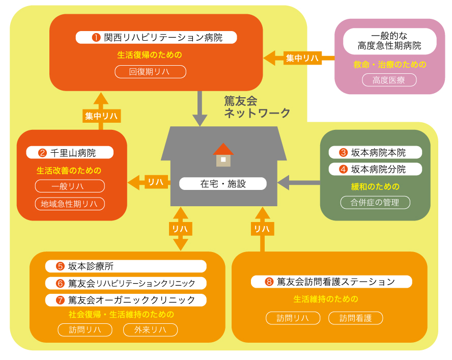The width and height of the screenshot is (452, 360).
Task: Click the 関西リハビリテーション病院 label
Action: pos(156,37)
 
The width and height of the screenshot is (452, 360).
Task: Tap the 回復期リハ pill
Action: pos(150,72)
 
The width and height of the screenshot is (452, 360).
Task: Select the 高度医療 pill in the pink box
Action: pos(389,80)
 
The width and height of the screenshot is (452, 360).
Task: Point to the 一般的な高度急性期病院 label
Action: pos(389,41)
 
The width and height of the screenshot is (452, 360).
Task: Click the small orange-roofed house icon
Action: pos(223,155)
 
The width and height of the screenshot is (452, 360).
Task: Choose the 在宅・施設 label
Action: pos(223,184)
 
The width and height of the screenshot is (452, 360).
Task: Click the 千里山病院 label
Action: pos(70,153)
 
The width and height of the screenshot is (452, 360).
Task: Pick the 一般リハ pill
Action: pos(70,186)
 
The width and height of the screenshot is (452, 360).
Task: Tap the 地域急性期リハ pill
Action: pos(70,204)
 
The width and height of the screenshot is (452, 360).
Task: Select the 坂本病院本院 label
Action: pos(375,152)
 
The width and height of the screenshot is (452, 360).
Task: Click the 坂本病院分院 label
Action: pos(375,169)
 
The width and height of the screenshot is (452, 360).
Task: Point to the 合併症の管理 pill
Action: pos(375,202)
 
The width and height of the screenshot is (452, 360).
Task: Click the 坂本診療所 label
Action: pos(126,266)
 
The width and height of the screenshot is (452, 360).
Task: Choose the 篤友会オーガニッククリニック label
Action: pos(126,300)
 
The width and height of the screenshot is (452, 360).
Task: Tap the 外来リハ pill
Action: pos(150,330)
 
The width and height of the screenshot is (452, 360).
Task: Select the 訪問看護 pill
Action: pos(355,318)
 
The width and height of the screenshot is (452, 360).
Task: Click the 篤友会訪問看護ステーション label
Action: pos(331,282)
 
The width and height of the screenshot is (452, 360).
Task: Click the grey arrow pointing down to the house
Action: pos(200,109)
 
